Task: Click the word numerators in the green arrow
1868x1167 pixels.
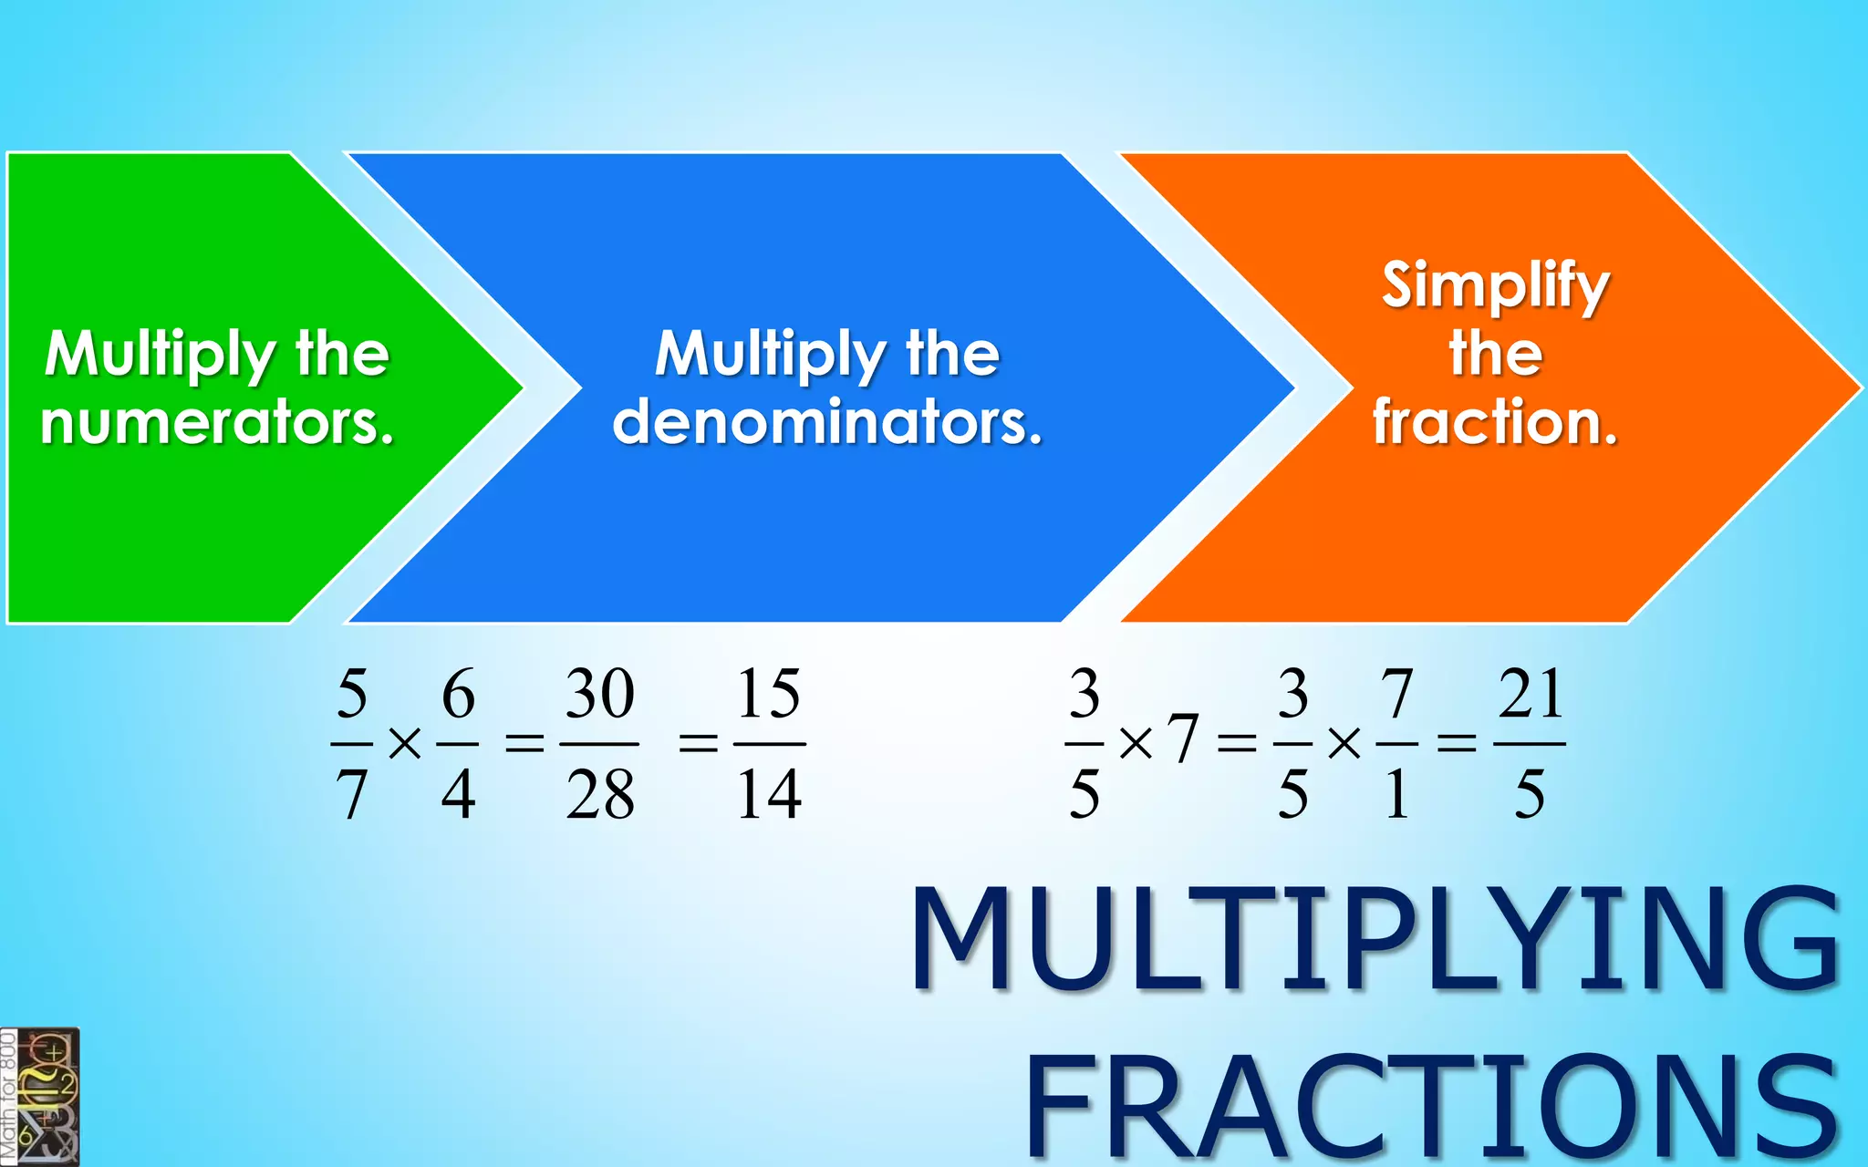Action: (x=217, y=422)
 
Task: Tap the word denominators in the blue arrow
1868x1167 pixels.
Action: (x=826, y=422)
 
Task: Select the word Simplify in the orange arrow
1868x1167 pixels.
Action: (x=1495, y=285)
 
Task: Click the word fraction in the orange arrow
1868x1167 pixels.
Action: (x=1495, y=422)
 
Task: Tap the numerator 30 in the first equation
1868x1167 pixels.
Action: (x=599, y=694)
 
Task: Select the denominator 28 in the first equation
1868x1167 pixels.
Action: (x=599, y=794)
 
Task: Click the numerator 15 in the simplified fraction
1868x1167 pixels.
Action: (x=769, y=694)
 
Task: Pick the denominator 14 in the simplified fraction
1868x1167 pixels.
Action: (x=769, y=794)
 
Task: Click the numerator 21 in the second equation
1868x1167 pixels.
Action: (x=1531, y=694)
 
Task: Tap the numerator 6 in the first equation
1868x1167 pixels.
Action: (x=458, y=694)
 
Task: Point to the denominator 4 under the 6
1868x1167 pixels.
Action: (x=458, y=794)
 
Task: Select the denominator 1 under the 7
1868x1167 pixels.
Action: (x=1396, y=794)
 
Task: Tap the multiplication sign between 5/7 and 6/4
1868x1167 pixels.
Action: (x=405, y=744)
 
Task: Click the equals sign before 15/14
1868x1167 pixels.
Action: (x=699, y=744)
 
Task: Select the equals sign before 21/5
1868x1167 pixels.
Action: (x=1457, y=744)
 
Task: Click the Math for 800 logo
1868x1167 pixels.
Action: (x=40, y=1097)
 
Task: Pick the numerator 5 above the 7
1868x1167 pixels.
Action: (x=352, y=694)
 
